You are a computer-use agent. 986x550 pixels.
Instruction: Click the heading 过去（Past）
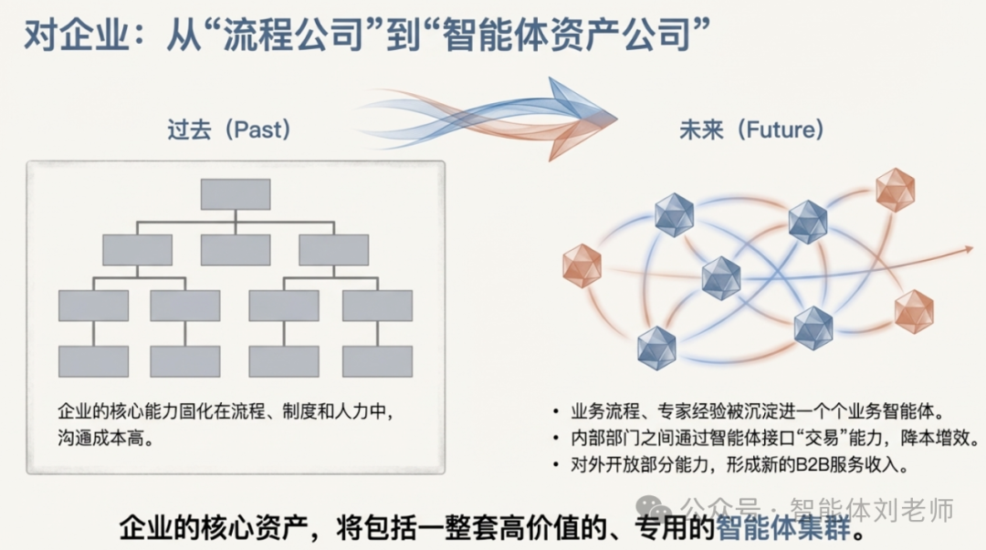pyautogui.click(x=228, y=130)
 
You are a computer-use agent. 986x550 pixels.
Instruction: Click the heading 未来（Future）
pyautogui.click(x=751, y=130)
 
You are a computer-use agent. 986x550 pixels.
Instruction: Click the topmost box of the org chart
pyautogui.click(x=236, y=194)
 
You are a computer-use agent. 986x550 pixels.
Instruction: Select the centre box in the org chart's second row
pyautogui.click(x=236, y=250)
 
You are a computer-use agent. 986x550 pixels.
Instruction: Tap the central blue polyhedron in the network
pyautogui.click(x=721, y=278)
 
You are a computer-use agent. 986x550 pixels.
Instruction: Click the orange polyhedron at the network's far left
pyautogui.click(x=582, y=266)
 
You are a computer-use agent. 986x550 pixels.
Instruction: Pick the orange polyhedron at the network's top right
pyautogui.click(x=895, y=190)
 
